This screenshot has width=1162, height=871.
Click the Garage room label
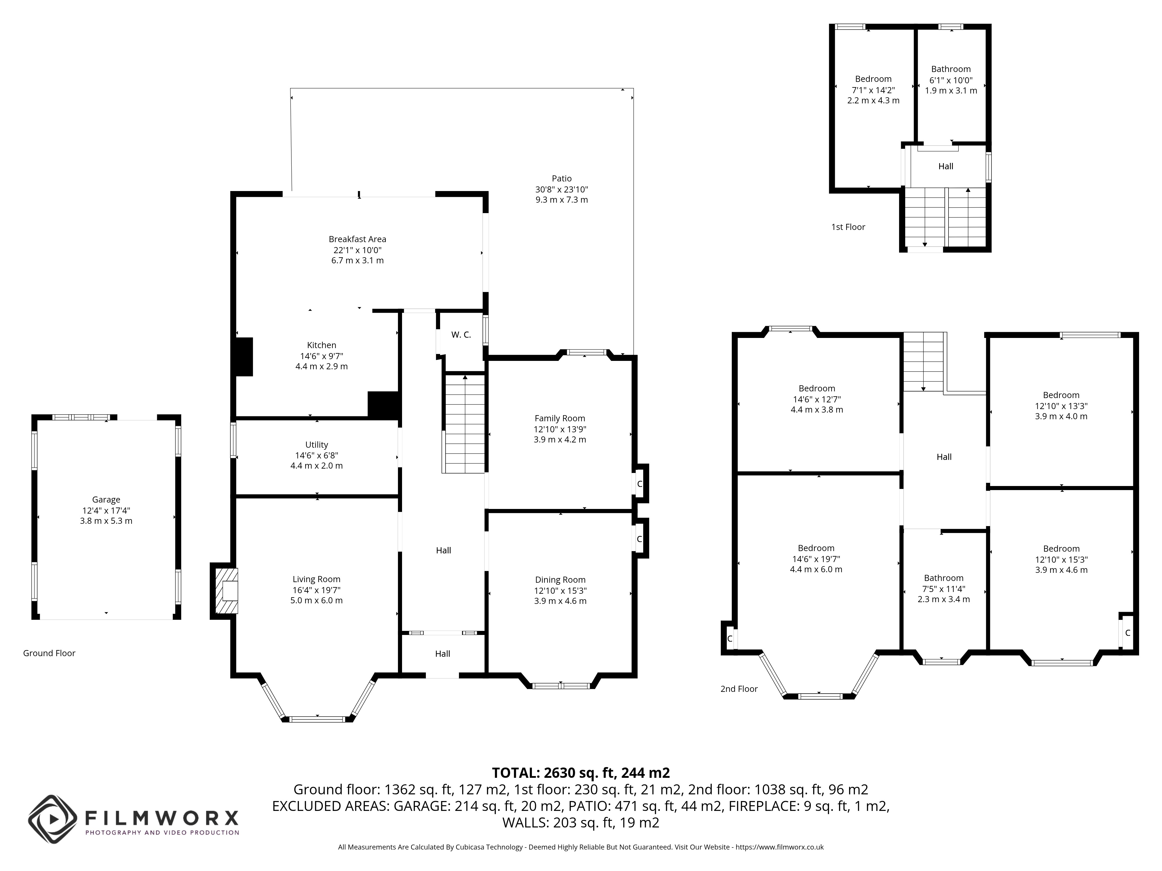pyautogui.click(x=106, y=500)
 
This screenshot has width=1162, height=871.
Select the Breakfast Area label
pyautogui.click(x=357, y=240)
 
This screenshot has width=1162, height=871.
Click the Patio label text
pyautogui.click(x=562, y=179)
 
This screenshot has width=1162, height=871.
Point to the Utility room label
pyautogui.click(x=316, y=445)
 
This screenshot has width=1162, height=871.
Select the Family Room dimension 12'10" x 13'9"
pyautogui.click(x=560, y=429)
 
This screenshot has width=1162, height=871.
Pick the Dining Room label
pyautogui.click(x=560, y=580)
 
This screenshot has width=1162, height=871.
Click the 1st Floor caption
pyautogui.click(x=848, y=227)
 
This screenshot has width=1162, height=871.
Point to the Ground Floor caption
pyautogui.click(x=49, y=653)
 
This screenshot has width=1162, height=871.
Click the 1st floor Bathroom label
pyautogui.click(x=951, y=69)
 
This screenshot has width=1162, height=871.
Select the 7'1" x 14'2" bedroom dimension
pyautogui.click(x=873, y=90)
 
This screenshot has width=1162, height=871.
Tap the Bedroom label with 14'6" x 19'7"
pyautogui.click(x=816, y=548)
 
